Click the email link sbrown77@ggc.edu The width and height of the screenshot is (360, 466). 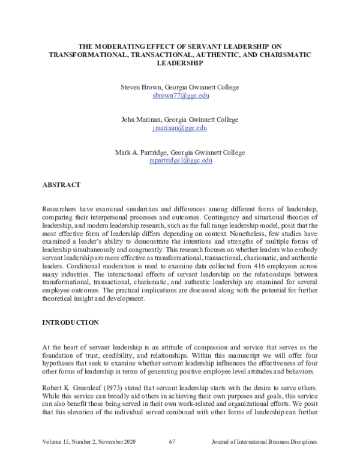coord(179,95)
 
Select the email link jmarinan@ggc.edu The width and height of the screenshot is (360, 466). coord(179,128)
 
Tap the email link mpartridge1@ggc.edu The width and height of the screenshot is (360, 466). coord(179,160)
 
